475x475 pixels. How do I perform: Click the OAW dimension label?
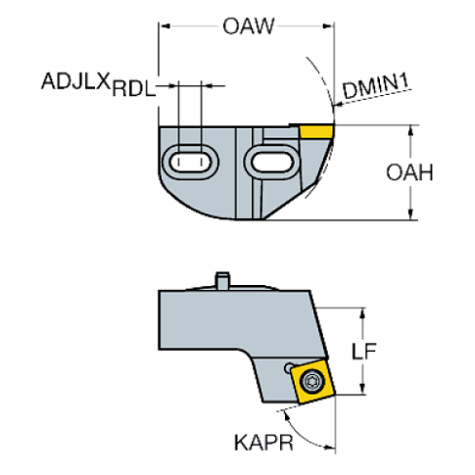tap(248, 26)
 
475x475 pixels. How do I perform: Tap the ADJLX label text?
tap(76, 81)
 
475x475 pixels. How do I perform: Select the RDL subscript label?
tap(134, 88)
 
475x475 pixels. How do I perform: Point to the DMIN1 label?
tap(376, 86)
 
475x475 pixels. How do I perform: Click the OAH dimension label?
tap(409, 173)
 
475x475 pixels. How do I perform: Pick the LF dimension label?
tap(364, 351)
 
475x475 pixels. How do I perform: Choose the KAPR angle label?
tap(264, 442)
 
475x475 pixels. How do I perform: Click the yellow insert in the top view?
tap(316, 132)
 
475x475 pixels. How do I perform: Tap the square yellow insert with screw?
tap(312, 381)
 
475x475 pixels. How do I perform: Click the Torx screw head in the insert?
tap(312, 381)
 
